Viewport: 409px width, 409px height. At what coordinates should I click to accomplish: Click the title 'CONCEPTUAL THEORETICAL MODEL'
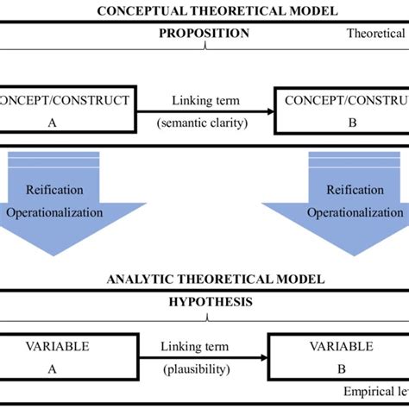tap(204, 11)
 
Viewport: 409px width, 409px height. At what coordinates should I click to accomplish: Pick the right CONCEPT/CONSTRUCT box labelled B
tap(342, 110)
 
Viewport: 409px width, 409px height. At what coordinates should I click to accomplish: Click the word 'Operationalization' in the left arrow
tap(66, 212)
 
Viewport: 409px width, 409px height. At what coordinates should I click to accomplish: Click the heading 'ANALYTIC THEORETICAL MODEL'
tap(204, 279)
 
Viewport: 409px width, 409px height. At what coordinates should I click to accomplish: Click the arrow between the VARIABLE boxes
tap(204, 356)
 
